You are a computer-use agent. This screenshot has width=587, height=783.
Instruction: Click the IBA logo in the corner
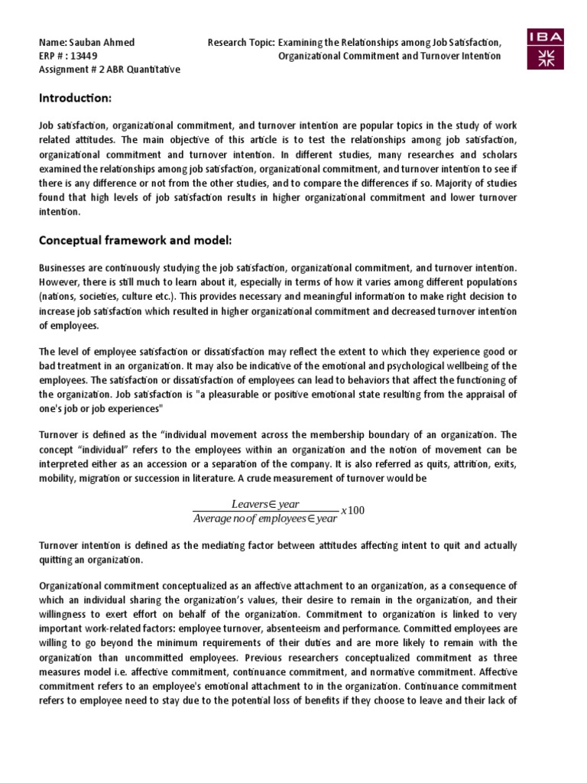click(545, 48)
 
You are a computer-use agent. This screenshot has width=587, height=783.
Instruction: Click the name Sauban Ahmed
click(95, 41)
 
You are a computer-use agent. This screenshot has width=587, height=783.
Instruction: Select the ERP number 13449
click(86, 56)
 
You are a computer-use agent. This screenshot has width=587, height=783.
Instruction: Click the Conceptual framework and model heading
click(135, 241)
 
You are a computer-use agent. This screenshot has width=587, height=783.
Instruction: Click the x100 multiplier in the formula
click(352, 510)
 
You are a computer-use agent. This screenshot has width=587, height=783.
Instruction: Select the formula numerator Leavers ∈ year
click(265, 503)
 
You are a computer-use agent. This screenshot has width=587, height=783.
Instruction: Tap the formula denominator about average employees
click(265, 518)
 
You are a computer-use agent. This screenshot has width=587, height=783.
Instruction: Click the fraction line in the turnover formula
click(265, 511)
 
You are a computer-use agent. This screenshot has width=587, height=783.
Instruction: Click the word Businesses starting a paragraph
click(64, 268)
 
